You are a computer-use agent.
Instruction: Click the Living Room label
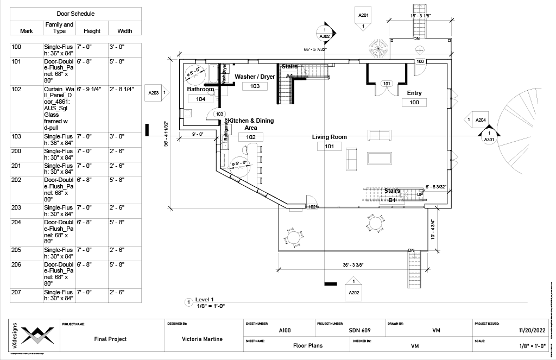pyautogui.click(x=329, y=137)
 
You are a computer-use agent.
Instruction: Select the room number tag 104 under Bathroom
pyautogui.click(x=200, y=99)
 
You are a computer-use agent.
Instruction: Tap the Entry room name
pyautogui.click(x=414, y=93)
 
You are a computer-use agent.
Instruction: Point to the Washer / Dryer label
pyautogui.click(x=255, y=77)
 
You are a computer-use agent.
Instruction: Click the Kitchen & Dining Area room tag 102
pyautogui.click(x=250, y=137)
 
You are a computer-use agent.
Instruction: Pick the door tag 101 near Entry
pyautogui.click(x=387, y=84)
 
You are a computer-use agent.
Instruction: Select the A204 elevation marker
pyautogui.click(x=480, y=119)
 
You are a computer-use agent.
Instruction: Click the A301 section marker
pyautogui.click(x=489, y=136)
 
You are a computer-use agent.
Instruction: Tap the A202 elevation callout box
pyautogui.click(x=353, y=293)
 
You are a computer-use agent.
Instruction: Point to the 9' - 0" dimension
pyautogui.click(x=197, y=134)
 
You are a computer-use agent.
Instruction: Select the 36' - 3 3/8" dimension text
pyautogui.click(x=353, y=265)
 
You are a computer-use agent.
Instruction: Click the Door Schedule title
pyautogui.click(x=75, y=14)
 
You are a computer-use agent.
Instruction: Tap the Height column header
pyautogui.click(x=92, y=31)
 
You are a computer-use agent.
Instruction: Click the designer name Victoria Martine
pyautogui.click(x=202, y=339)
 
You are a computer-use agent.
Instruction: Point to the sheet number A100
pyautogui.click(x=285, y=330)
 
